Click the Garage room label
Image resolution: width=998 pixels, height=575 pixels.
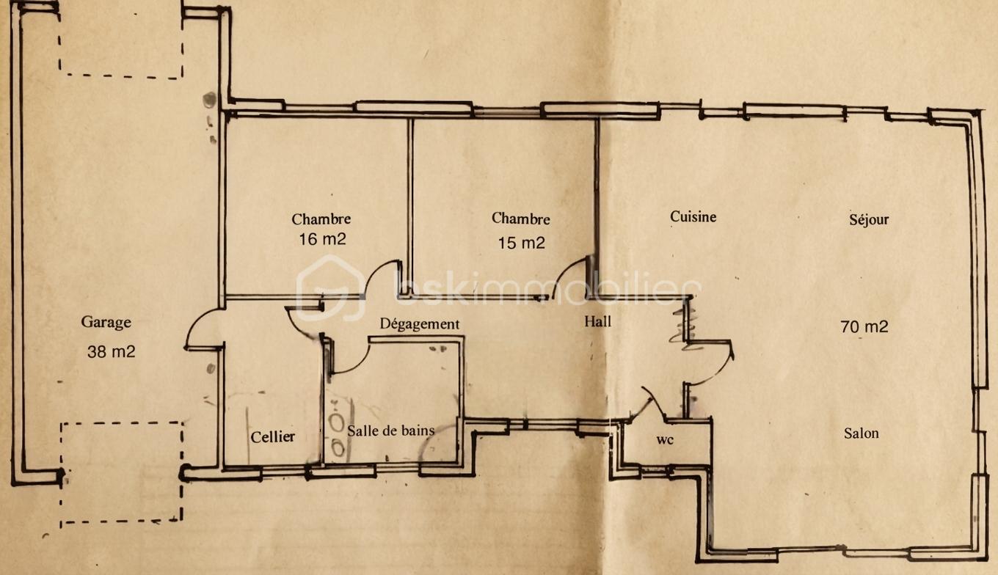pos(106,323)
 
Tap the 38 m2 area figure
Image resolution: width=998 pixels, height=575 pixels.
pos(111,352)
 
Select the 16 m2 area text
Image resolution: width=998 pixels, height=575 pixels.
pos(322,239)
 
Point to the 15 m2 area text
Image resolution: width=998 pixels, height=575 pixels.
pos(521,243)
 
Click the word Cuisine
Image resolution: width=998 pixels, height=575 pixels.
pos(693,217)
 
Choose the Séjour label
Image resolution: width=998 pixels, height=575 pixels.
pos(869,219)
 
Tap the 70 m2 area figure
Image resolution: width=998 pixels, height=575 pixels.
pos(864,327)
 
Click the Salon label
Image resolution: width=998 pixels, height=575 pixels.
pos(862,433)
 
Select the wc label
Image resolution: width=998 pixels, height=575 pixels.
pos(665,440)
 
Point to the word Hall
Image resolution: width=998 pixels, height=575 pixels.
pos(597,321)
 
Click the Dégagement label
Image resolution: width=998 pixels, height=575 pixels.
pos(419,323)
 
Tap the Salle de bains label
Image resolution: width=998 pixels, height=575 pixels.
pos(390,431)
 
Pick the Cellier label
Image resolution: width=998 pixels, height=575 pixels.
pos(273,437)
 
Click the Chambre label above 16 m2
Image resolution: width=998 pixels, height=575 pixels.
pos(321,219)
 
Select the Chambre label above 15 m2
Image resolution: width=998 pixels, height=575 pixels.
pos(520,219)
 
